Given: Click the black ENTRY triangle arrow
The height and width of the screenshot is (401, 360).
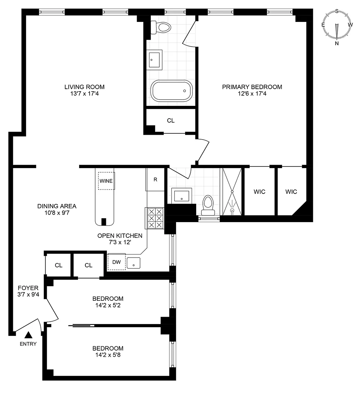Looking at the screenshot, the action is coord(29,335).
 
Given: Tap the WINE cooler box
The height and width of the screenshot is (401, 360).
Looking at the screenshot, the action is coord(106,181).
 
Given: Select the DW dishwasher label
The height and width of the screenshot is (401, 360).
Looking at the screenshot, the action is coord(116,262).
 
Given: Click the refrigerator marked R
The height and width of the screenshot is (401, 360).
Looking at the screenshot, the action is coord(155,180).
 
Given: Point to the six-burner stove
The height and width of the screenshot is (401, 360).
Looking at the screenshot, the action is coord(155,218).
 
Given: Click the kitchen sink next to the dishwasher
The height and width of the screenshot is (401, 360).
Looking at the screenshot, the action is coord(134,263).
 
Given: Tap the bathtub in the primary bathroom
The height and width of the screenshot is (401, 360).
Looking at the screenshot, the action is coord(171,91).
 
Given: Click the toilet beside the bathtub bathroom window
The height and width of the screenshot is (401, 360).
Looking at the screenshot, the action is coord(161,27).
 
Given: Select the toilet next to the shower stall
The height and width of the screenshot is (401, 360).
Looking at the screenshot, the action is coord(208,205).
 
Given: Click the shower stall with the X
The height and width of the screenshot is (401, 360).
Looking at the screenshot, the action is coord(232,192).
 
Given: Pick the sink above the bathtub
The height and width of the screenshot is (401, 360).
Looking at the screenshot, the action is coord(154,60).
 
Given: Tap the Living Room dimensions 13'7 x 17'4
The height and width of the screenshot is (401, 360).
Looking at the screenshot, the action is coord(84,94).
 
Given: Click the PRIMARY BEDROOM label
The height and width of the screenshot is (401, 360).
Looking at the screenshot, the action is coord(252,87).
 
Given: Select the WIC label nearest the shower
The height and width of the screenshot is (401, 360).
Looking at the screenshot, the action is coord(259,192).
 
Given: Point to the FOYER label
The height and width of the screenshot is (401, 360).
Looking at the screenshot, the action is coord(28,288).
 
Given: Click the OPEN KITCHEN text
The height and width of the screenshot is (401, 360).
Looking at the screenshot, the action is coord(120,236).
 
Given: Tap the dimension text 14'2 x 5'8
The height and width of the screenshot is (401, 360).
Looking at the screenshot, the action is coord(108,355).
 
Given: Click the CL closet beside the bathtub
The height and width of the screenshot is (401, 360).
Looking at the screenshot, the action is coord(171,120).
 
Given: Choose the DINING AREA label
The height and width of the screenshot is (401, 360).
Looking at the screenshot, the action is coord(57,206).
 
